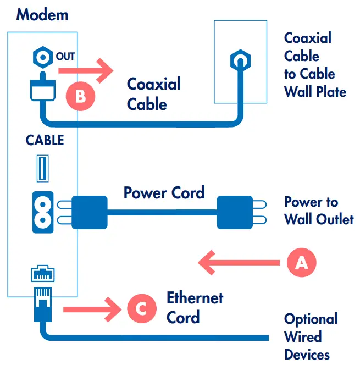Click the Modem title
click(x=42, y=14)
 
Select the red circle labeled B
click(x=81, y=96)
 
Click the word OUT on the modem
click(x=65, y=56)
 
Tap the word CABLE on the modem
click(x=45, y=140)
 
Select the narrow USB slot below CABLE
click(x=41, y=169)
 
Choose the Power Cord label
click(x=164, y=193)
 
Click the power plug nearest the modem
click(x=88, y=212)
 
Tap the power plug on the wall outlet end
click(x=236, y=212)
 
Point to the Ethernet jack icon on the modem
click(x=42, y=273)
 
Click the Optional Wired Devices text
click(x=311, y=336)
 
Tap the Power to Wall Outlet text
click(x=318, y=211)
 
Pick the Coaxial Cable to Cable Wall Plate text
click(x=315, y=64)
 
